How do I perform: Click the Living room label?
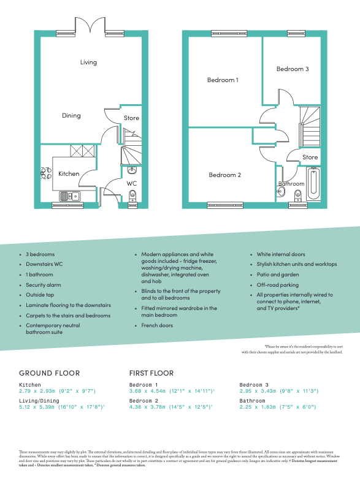tap(88, 62)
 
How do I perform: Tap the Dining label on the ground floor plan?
tap(71, 115)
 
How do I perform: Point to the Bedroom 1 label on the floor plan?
tap(223, 80)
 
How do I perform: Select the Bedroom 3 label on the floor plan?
tap(292, 69)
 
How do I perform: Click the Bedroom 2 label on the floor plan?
tap(224, 175)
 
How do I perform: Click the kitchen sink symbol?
tap(67, 196)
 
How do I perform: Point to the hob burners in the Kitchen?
tap(45, 173)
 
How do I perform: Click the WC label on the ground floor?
tap(132, 183)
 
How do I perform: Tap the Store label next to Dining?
tap(131, 118)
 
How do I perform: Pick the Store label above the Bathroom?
tap(310, 157)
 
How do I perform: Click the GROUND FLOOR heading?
tap(49, 373)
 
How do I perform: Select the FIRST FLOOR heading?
tap(151, 373)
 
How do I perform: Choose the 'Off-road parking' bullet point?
tap(278, 285)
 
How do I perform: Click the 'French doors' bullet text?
tap(157, 325)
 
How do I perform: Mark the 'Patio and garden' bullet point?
tap(278, 275)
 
